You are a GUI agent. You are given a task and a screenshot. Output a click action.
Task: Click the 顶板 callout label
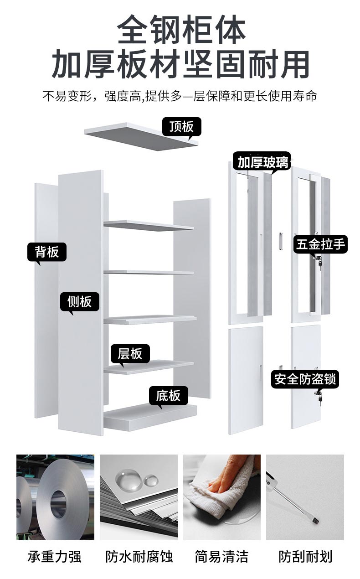[181, 126]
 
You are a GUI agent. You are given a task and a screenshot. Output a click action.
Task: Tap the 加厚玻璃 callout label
[262, 162]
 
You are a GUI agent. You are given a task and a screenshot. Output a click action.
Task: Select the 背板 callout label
[47, 251]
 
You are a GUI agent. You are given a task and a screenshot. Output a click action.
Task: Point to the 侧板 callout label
[80, 301]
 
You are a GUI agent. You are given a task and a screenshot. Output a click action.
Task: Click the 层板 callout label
[130, 353]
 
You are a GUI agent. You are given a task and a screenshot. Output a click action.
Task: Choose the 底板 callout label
[168, 395]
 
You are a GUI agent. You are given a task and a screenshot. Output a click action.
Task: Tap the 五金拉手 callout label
[320, 244]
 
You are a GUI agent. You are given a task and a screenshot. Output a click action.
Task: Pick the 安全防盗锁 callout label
[306, 379]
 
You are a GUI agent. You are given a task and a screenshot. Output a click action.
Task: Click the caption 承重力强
[55, 556]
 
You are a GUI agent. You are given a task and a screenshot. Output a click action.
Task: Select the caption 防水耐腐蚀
[139, 556]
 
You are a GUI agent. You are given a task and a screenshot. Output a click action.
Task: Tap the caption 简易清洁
[221, 556]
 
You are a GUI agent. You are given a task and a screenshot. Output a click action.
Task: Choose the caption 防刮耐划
[305, 556]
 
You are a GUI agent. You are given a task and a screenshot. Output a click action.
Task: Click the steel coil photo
[55, 497]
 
